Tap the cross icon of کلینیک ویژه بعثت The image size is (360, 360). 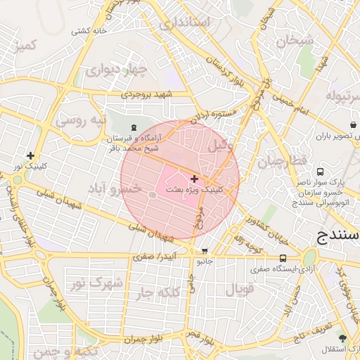click(194, 179)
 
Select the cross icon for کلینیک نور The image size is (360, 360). click(30, 155)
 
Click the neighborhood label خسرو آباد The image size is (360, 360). click(116, 188)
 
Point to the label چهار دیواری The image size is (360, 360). click(117, 70)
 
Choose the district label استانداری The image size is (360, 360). click(185, 23)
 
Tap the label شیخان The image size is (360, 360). click(294, 41)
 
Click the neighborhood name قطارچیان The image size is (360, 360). click(282, 162)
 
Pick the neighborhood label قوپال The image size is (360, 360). click(240, 289)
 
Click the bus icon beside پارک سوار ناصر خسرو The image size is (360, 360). click(321, 172)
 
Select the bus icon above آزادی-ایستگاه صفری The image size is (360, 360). click(283, 259)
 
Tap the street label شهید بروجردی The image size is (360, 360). click(147, 94)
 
